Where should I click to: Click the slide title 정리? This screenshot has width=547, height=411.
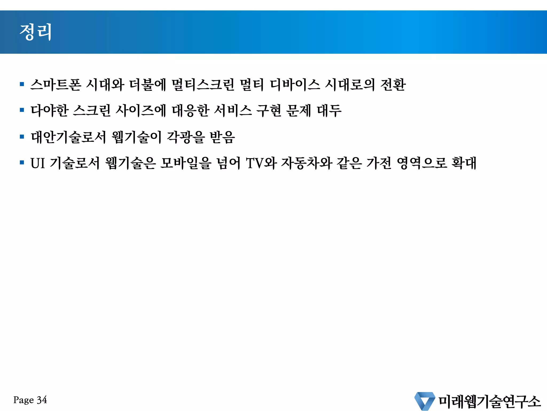[x=36, y=32]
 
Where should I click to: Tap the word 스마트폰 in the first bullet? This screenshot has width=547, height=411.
[x=56, y=85]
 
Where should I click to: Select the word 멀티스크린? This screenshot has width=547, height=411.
[x=203, y=85]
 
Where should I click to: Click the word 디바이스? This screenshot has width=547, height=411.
[x=295, y=85]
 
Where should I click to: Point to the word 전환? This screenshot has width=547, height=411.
[x=393, y=85]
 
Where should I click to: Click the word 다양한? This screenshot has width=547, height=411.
[x=50, y=111]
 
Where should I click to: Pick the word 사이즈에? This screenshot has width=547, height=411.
[x=140, y=111]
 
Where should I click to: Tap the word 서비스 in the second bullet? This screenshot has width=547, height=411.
[x=233, y=111]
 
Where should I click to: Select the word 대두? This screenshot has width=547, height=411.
[x=329, y=111]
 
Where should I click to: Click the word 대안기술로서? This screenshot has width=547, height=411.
[x=68, y=137]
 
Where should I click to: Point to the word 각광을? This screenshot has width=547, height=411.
[x=186, y=137]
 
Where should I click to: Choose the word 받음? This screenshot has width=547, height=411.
[x=222, y=137]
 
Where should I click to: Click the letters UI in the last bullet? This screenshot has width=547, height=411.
[x=37, y=163]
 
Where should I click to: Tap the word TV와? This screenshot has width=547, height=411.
[x=261, y=163]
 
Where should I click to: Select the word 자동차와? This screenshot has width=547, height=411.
[x=307, y=163]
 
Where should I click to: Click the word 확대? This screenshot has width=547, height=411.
[x=464, y=163]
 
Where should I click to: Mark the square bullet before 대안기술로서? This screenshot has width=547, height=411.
[x=22, y=137]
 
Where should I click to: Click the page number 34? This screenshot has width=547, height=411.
[x=42, y=400]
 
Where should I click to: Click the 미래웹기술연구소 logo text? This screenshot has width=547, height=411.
[x=489, y=401]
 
